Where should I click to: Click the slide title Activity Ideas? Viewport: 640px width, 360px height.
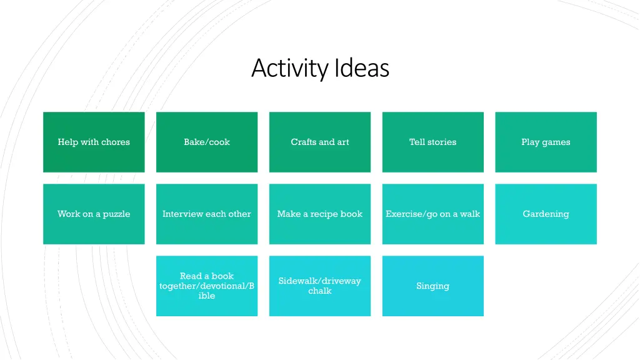pyautogui.click(x=320, y=68)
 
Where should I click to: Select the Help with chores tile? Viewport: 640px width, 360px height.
pyautogui.click(x=94, y=142)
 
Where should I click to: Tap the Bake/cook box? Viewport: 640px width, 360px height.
pyautogui.click(x=207, y=142)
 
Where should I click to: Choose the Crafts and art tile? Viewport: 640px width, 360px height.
pyautogui.click(x=320, y=142)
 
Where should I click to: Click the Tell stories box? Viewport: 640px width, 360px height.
pyautogui.click(x=432, y=142)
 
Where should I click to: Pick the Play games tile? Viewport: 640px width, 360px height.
pyautogui.click(x=546, y=142)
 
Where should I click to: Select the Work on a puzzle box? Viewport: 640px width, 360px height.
pyautogui.click(x=94, y=214)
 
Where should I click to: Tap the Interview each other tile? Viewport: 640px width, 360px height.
pyautogui.click(x=207, y=214)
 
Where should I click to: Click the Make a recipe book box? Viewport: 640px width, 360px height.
pyautogui.click(x=320, y=214)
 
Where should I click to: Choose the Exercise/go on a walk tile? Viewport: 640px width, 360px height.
pyautogui.click(x=432, y=214)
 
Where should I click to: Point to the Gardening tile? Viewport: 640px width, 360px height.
pyautogui.click(x=546, y=214)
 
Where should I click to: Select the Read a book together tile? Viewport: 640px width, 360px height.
pyautogui.click(x=207, y=286)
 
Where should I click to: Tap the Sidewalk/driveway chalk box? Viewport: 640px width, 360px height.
pyautogui.click(x=320, y=286)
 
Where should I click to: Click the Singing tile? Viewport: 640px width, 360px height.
pyautogui.click(x=432, y=286)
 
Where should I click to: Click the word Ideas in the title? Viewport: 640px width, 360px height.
pyautogui.click(x=362, y=68)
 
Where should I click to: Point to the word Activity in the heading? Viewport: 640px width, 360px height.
pyautogui.click(x=290, y=68)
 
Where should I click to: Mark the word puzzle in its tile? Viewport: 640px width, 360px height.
pyautogui.click(x=116, y=214)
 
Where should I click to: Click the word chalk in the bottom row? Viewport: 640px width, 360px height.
pyautogui.click(x=320, y=291)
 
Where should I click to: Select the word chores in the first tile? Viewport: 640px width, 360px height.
pyautogui.click(x=116, y=142)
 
